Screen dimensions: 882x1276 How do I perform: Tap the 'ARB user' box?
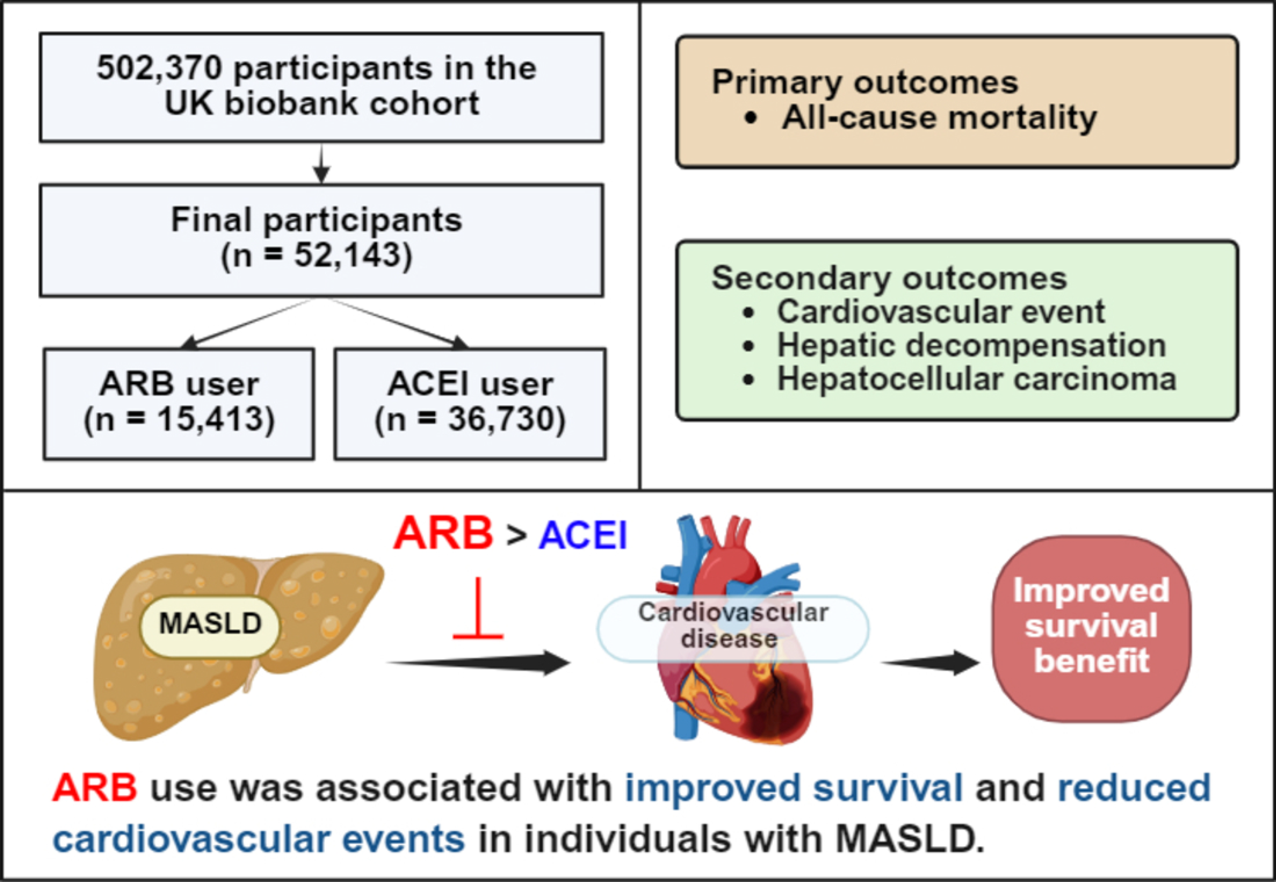tap(179, 403)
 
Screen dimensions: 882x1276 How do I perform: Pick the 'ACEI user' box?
tap(470, 403)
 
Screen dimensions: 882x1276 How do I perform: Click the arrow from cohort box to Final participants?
tap(322, 164)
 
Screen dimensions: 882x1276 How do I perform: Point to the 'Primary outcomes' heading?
tap(864, 83)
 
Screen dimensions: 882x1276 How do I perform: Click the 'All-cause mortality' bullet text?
tap(939, 118)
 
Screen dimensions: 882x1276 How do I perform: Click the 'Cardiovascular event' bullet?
tap(941, 312)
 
